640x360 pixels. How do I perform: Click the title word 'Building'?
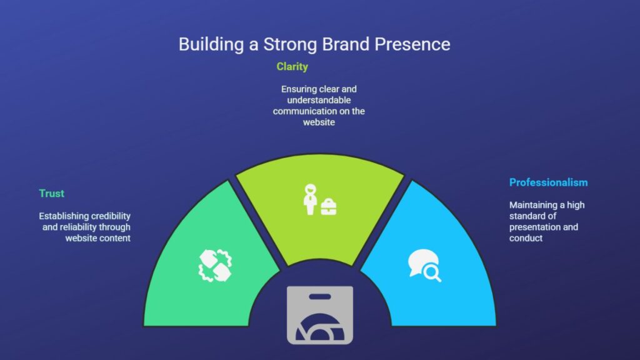click(211, 44)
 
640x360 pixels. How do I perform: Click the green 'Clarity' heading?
click(292, 67)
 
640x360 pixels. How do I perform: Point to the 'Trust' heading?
click(51, 194)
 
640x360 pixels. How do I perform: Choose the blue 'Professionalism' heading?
click(549, 182)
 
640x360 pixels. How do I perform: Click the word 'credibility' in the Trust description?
click(107, 216)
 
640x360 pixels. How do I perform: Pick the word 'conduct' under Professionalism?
click(526, 238)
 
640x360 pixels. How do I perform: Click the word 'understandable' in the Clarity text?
click(319, 100)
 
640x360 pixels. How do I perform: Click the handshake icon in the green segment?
click(215, 265)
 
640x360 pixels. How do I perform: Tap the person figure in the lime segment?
click(310, 199)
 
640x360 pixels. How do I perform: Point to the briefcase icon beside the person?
click(329, 206)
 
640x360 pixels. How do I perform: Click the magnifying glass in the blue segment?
click(432, 272)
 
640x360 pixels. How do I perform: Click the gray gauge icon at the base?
click(320, 315)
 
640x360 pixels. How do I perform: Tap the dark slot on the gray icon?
click(320, 297)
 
